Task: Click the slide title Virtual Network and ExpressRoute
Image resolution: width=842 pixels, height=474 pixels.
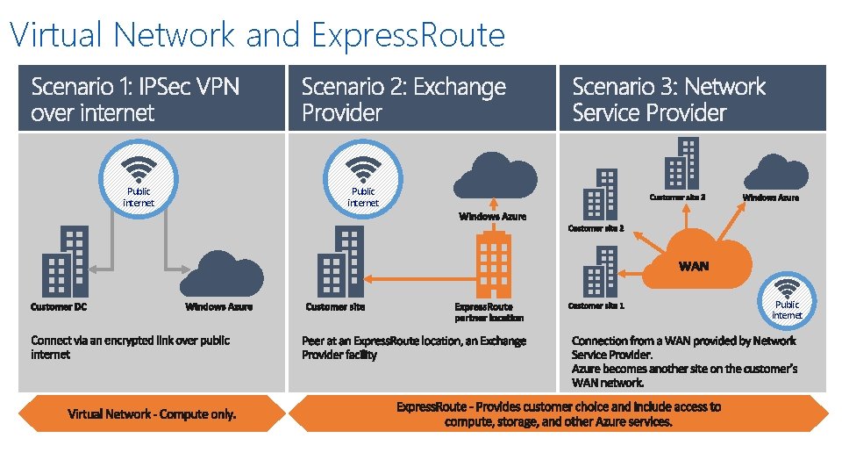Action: (257, 35)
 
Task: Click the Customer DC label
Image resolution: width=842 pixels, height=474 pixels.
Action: (59, 307)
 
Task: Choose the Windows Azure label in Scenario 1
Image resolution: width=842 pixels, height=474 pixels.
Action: (218, 307)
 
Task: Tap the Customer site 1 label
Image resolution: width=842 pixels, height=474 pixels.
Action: (596, 306)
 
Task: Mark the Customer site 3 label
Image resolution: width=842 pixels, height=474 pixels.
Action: (677, 197)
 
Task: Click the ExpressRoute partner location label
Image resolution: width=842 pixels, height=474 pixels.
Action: (489, 312)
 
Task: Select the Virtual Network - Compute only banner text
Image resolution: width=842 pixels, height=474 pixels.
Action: (152, 414)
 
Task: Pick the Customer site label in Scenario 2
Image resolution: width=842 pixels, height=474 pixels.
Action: (335, 307)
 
